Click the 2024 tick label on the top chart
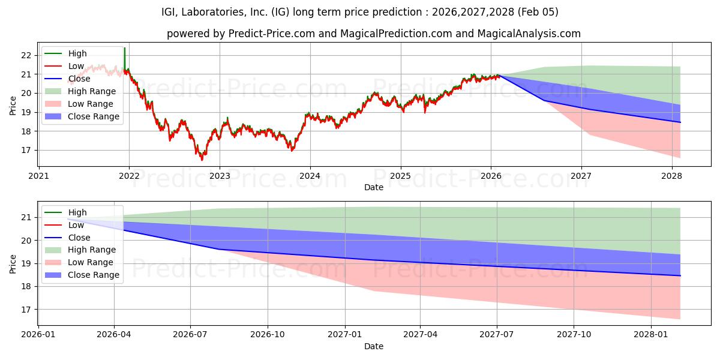(x=310, y=176)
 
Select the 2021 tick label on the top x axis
(x=38, y=176)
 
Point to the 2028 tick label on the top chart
(x=671, y=176)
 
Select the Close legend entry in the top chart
(x=79, y=79)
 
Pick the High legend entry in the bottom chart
(x=77, y=212)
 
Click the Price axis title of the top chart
(x=13, y=106)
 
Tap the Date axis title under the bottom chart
(x=373, y=346)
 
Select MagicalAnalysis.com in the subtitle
(x=529, y=34)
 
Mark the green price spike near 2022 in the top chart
(x=124, y=50)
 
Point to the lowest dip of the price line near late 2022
(x=202, y=160)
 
